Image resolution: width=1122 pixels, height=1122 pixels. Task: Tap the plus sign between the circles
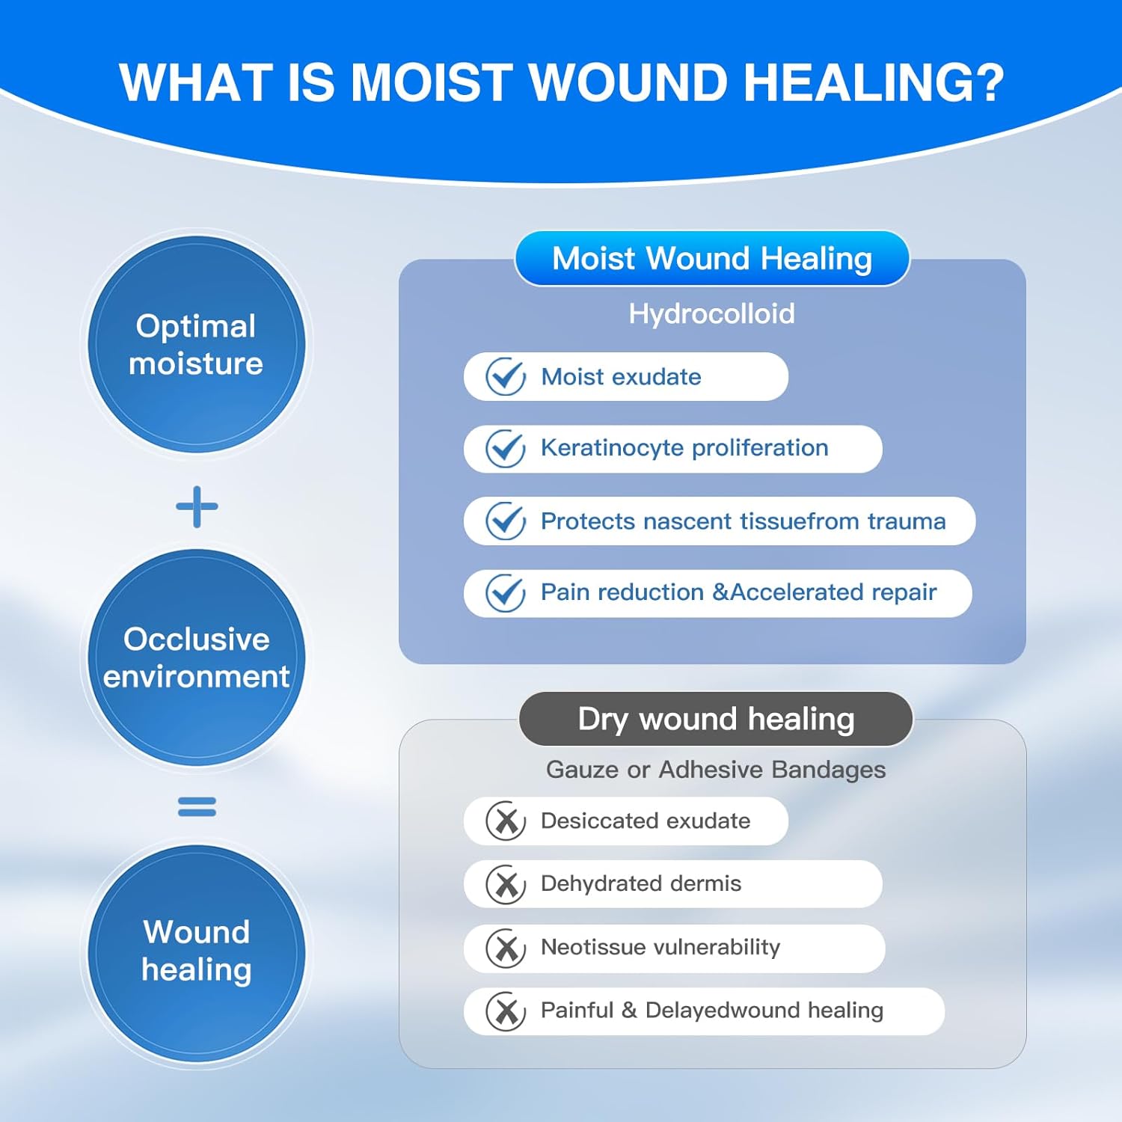tap(197, 507)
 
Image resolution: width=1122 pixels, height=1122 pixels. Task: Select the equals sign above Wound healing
tap(197, 806)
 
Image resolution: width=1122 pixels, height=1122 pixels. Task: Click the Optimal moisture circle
tap(197, 344)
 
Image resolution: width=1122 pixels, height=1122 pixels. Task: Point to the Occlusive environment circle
tap(197, 657)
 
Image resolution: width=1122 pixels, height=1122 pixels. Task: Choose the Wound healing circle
tap(197, 951)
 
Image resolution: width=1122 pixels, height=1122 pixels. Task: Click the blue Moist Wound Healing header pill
tap(712, 259)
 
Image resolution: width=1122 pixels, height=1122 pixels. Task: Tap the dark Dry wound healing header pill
tap(716, 719)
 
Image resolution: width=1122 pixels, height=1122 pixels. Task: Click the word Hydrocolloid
tap(711, 314)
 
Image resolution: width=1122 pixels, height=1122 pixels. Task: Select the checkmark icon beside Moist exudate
tap(506, 376)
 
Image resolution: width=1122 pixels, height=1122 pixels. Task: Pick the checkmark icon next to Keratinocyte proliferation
tap(506, 448)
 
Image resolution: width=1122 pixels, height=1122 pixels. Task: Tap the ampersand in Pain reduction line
tap(720, 592)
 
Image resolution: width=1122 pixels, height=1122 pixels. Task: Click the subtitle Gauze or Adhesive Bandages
tap(716, 770)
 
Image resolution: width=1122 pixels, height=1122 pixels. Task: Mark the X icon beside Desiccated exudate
tap(506, 821)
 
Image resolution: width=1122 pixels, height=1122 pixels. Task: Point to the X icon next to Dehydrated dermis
tap(506, 884)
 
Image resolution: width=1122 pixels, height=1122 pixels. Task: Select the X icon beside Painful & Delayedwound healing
tap(506, 1011)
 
